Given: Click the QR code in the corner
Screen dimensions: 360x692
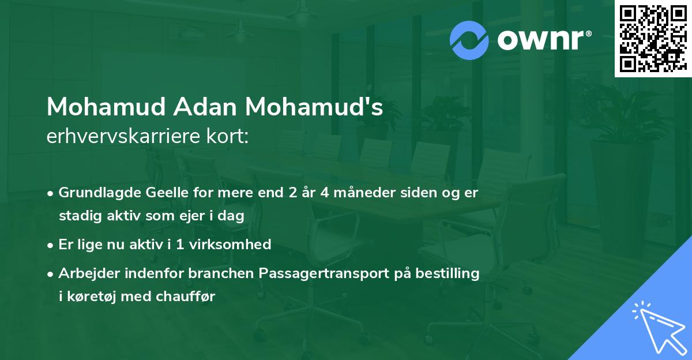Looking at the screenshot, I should pos(652,38).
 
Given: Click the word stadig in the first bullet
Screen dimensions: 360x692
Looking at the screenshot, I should pos(77,216).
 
